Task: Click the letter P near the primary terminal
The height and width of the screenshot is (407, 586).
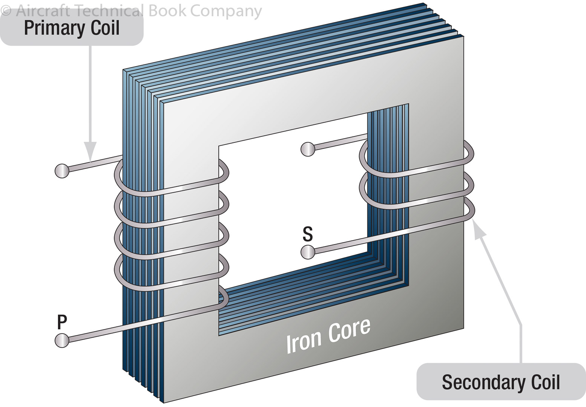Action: click(x=62, y=322)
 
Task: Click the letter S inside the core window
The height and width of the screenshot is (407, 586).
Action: click(x=308, y=234)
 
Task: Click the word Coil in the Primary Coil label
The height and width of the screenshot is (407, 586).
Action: click(x=105, y=28)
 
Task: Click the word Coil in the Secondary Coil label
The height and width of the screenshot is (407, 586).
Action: click(x=545, y=382)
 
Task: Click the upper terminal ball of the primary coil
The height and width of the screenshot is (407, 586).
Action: click(x=62, y=171)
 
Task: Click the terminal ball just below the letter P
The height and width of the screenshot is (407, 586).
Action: click(x=62, y=340)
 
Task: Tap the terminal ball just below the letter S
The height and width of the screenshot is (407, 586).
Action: click(x=308, y=252)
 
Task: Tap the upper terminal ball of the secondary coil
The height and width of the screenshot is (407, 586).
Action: click(x=308, y=149)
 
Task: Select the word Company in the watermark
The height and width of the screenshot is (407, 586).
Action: click(x=226, y=11)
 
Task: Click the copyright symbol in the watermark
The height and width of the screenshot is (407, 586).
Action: click(x=6, y=11)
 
